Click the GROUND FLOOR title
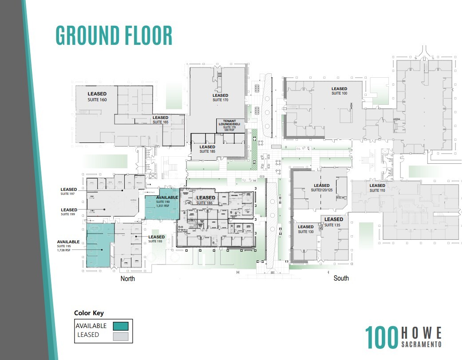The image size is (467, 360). point(114,36)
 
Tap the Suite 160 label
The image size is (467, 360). point(97,97)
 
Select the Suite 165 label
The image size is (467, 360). point(160,120)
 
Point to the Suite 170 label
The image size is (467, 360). point(220,98)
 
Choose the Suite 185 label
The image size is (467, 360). point(207,149)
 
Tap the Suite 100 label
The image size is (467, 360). point(339,91)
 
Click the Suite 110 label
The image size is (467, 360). point(377,188)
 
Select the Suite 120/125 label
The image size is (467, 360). point(322,188)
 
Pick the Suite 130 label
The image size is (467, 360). point(306,229)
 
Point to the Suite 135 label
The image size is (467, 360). point(333,222)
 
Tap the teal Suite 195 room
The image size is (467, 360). point(100,246)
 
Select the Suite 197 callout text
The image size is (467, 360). point(69,192)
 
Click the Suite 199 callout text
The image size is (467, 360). point(69,212)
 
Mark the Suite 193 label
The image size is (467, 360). point(156,239)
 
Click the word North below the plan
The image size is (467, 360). point(127,279)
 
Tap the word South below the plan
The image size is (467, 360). point(341,278)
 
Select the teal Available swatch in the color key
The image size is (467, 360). point(121,326)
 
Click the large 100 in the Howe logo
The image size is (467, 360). point(381,338)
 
